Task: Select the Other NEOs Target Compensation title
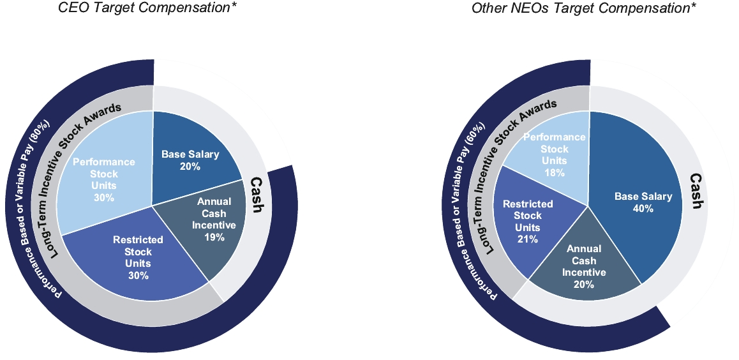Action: [583, 8]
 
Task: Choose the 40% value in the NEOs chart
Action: [643, 208]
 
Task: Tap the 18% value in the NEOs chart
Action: [554, 172]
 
